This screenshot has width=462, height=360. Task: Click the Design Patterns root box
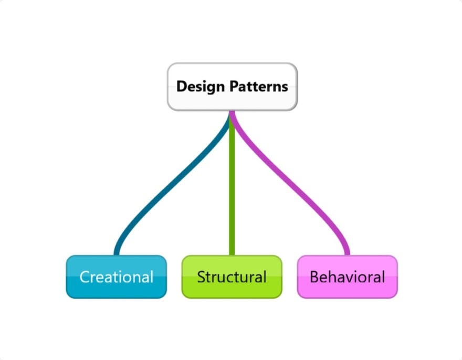232,87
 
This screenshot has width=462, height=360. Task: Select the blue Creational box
116,277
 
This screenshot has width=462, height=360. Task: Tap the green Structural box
232,277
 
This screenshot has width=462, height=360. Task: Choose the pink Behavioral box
347,277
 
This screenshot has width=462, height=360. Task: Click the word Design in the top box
196,87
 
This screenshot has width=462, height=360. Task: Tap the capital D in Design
181,86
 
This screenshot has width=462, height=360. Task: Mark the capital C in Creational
85,277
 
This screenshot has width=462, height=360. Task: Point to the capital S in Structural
201,277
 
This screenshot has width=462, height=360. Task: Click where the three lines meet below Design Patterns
232,113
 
